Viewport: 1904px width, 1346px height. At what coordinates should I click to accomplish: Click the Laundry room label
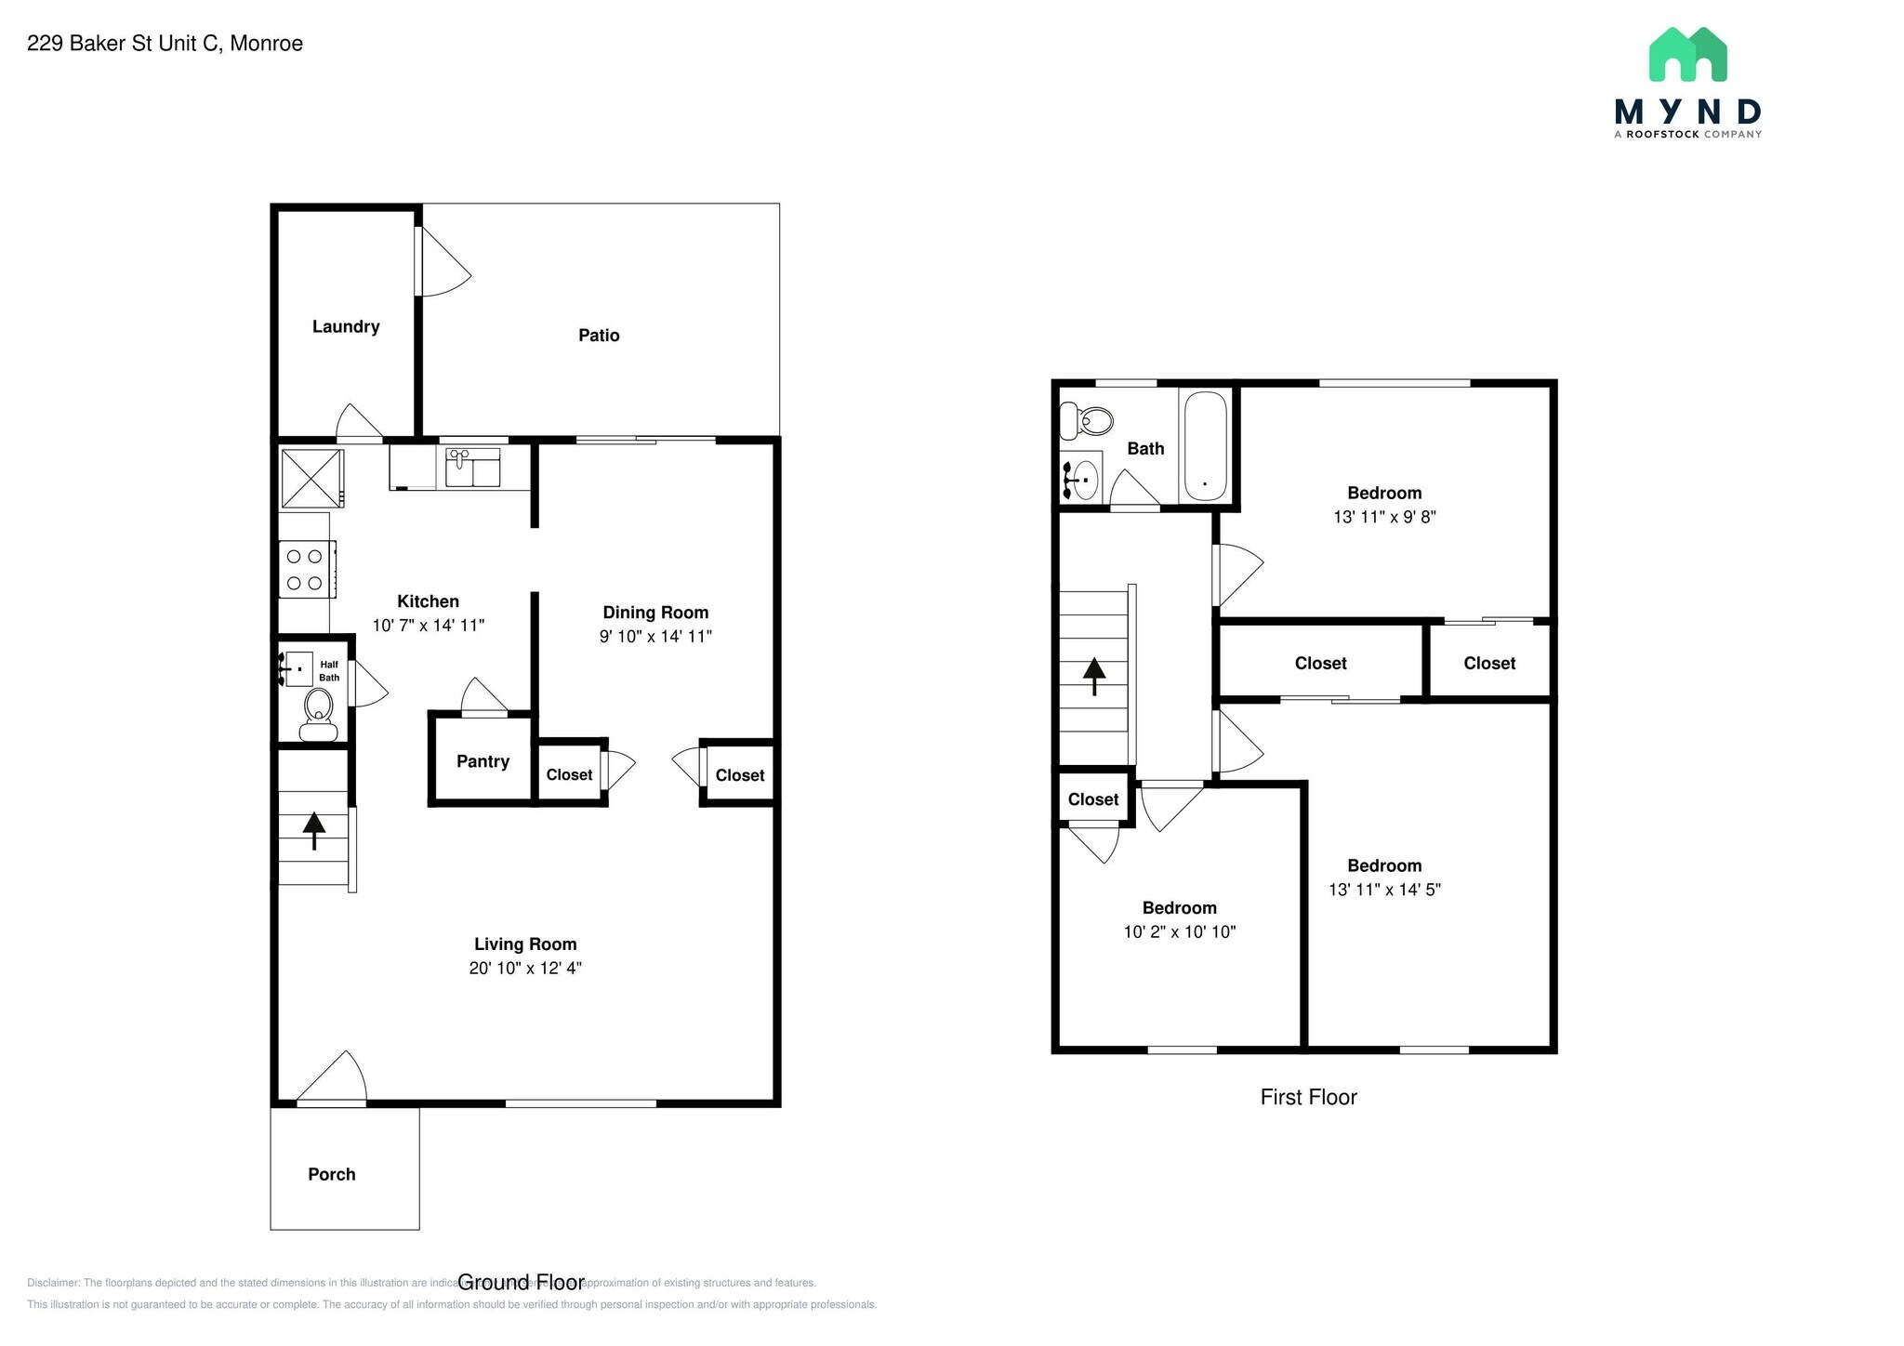(345, 326)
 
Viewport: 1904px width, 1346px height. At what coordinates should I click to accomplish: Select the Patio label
(599, 335)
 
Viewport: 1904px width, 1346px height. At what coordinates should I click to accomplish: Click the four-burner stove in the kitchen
(306, 569)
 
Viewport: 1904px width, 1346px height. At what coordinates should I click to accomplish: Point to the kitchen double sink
(472, 468)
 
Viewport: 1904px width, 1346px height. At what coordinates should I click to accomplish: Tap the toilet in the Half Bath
(319, 712)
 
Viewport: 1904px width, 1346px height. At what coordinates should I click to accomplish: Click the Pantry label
(483, 761)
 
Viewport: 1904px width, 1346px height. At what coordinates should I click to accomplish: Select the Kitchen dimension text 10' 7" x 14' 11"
(428, 626)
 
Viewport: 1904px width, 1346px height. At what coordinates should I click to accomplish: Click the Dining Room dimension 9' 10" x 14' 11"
(655, 637)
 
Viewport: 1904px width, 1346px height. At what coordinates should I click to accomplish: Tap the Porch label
(332, 1174)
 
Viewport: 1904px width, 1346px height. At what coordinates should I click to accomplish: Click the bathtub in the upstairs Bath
(1205, 446)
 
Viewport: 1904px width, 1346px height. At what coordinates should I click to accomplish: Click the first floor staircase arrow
(1094, 676)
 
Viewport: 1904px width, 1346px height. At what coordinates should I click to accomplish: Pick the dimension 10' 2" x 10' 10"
(1179, 932)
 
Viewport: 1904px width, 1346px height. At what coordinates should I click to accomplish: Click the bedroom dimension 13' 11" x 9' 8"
(1384, 517)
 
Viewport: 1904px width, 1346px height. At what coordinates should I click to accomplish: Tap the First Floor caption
(1308, 1097)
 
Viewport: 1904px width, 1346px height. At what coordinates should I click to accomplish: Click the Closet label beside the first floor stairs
(1092, 799)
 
